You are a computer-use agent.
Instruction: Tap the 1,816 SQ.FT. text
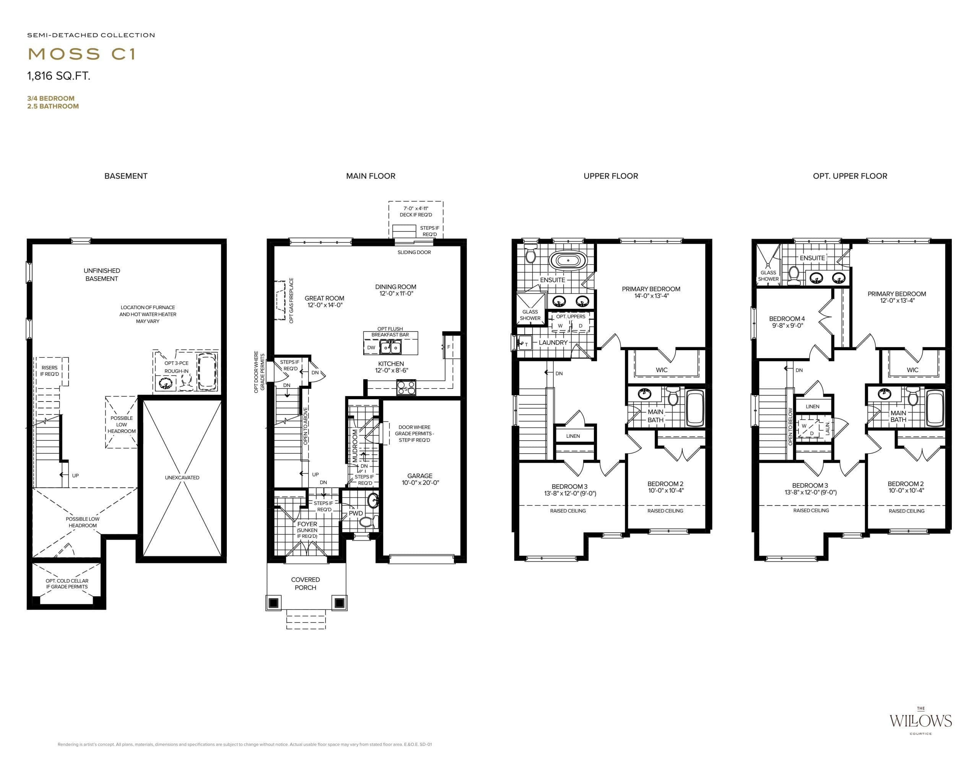(x=59, y=76)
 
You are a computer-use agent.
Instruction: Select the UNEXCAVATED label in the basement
(x=182, y=477)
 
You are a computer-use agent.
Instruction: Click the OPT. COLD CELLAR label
(x=67, y=584)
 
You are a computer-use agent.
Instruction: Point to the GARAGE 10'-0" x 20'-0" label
(x=420, y=479)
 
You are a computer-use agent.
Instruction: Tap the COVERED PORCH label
(x=305, y=584)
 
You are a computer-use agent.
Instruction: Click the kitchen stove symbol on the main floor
(x=406, y=387)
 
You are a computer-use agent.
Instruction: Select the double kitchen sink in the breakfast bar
(x=390, y=347)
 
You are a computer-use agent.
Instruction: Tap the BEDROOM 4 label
(x=787, y=322)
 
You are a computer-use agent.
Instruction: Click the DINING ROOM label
(x=395, y=290)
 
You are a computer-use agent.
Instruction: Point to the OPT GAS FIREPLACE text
(x=291, y=300)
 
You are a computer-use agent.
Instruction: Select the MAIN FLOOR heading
(x=370, y=176)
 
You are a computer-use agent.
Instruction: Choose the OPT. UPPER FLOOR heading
(x=850, y=176)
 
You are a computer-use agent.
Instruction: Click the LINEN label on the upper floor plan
(x=573, y=436)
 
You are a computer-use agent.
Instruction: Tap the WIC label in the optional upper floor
(x=912, y=370)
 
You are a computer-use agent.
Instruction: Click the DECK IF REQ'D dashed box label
(x=416, y=212)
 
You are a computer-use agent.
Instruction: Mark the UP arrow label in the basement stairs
(x=75, y=475)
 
